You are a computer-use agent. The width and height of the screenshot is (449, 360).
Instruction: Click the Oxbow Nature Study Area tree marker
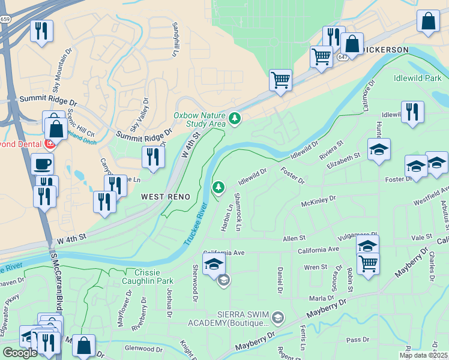tap(234, 119)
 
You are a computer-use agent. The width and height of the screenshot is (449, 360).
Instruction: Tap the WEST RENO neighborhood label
tap(166, 197)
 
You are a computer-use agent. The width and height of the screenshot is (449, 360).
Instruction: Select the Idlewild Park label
tap(417, 79)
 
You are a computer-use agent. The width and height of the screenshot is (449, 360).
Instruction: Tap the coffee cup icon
tap(41, 163)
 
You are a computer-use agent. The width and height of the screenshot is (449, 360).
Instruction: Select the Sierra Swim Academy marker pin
tap(277, 316)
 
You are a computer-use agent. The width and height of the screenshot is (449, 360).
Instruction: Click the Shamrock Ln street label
tap(238, 212)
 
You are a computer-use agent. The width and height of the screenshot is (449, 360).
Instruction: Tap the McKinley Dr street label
tap(319, 200)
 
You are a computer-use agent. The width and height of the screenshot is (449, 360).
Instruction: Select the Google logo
tap(20, 353)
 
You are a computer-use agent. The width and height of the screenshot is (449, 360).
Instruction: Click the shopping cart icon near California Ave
tap(368, 263)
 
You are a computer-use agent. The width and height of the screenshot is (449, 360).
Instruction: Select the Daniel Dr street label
tap(280, 280)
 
